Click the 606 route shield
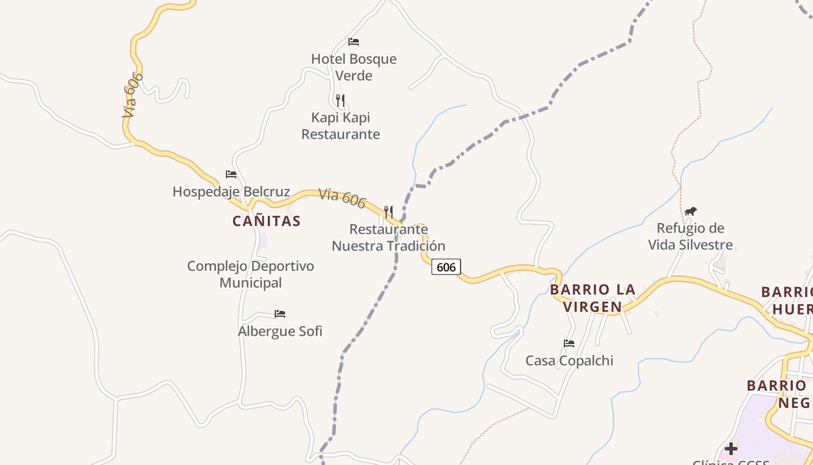pos(446,267)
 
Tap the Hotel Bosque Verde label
pos(354,67)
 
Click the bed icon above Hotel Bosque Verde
pos(354,41)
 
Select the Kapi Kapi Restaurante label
pos(341,126)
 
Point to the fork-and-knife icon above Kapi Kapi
pos(340,100)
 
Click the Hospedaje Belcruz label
pos(231,191)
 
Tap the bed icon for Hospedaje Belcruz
pos(231,174)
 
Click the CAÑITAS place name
pos(267,221)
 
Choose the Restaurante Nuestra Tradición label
pos(388,237)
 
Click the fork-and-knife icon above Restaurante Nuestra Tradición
pos(388,212)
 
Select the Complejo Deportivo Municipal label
pos(250,274)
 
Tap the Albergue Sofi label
pos(280,331)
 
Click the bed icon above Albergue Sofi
pos(280,314)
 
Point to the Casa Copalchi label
pos(569,360)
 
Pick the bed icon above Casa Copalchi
pos(569,344)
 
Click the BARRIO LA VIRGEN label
pos(593,298)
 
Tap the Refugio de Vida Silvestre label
pos(690,236)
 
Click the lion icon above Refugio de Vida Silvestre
pos(690,211)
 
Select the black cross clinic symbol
pos(731,448)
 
